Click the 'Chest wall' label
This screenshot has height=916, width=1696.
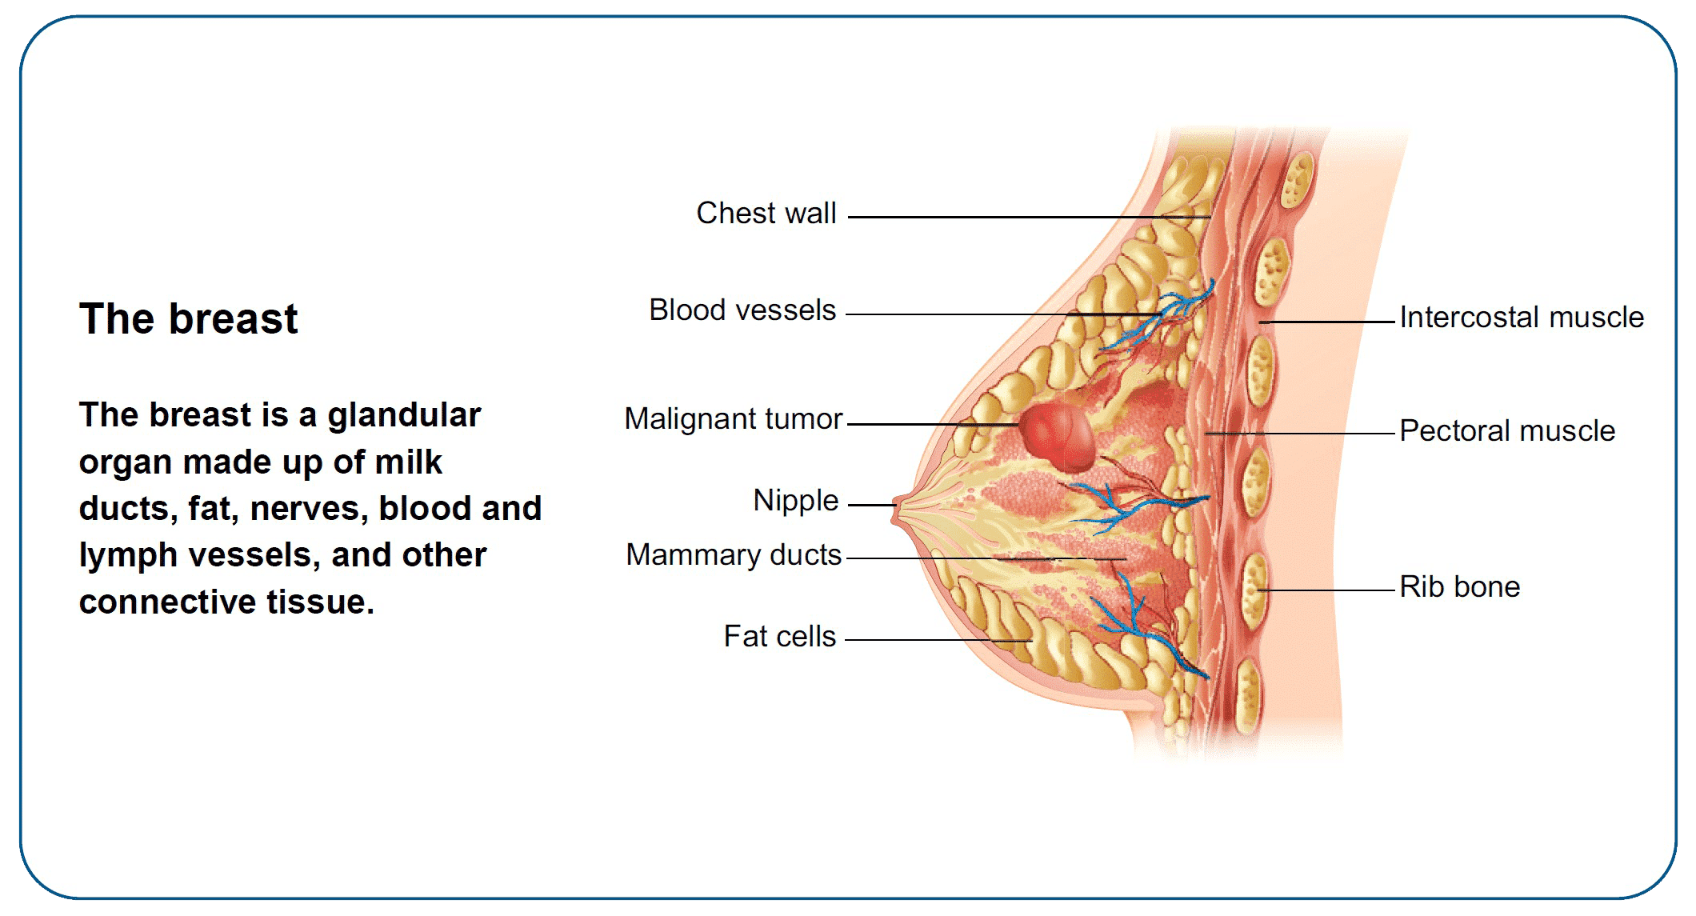coord(766,214)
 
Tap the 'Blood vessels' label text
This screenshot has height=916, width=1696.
coord(742,310)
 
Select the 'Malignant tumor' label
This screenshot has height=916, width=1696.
coord(733,419)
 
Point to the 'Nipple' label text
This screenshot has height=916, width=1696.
coord(795,501)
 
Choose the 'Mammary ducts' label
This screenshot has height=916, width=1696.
coord(733,555)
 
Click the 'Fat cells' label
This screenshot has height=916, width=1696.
coord(779,637)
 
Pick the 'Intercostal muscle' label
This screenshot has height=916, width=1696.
coord(1521,318)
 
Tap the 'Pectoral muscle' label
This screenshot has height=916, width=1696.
coord(1506,431)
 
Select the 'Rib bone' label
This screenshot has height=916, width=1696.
coord(1459,587)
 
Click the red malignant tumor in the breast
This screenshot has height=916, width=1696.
coord(1058,437)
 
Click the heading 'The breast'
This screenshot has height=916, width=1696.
coord(188,319)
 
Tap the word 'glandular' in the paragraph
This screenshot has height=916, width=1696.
coord(404,415)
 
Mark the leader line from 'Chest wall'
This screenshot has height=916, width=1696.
coord(1024,217)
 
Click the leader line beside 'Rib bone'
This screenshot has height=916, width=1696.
coord(1328,590)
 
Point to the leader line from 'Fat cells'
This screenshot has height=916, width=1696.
coord(936,640)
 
